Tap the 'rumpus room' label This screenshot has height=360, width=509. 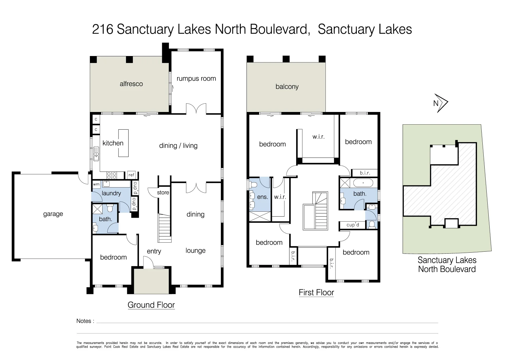click(196, 79)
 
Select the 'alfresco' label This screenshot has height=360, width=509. click(131, 84)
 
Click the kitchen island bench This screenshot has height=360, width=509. click(123, 143)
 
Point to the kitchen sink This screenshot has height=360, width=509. click(96, 154)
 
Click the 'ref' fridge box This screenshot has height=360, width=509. click(131, 175)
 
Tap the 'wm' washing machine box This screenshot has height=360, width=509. click(96, 184)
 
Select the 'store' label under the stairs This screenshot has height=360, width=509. click(163, 193)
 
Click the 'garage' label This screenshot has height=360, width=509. click(53, 214)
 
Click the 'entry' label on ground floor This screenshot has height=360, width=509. click(154, 251)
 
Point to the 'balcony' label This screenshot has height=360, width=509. click(287, 87)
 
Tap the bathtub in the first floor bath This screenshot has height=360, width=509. click(363, 183)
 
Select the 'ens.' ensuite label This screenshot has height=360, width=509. click(262, 197)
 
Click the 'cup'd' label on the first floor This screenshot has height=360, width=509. click(353, 225)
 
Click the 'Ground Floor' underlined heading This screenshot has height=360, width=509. click(151, 305)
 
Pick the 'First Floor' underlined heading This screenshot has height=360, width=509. click(316, 293)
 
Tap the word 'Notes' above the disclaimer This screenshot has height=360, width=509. click(84, 321)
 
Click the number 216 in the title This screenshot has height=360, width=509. click(103, 29)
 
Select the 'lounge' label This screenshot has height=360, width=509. click(196, 251)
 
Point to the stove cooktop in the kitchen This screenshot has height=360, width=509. click(112, 175)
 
